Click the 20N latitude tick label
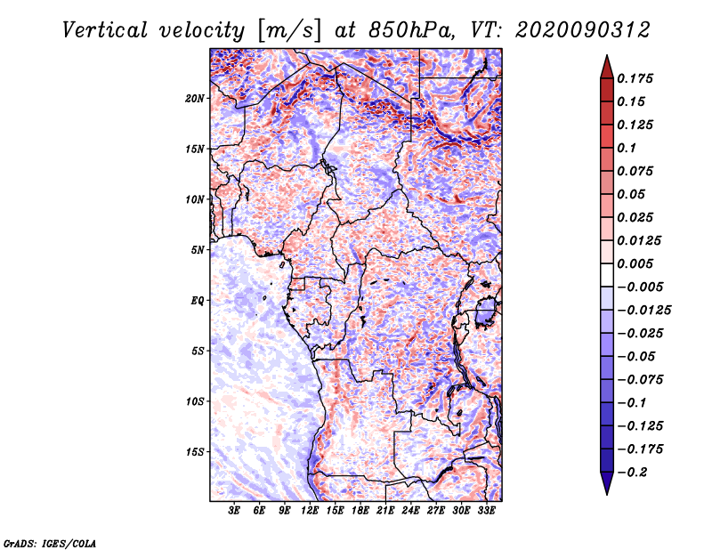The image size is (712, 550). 195,99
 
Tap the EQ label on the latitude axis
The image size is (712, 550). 197,301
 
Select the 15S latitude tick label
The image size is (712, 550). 195,452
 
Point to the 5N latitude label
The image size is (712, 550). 198,250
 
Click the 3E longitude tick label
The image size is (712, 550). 234,511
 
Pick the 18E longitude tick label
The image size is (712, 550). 360,511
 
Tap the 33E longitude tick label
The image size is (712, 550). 486,511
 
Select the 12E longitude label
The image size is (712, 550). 309,511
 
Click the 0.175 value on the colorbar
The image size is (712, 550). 635,78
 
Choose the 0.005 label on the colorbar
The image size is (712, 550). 635,263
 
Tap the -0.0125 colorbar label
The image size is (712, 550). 643,311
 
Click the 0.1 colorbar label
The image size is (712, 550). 627,148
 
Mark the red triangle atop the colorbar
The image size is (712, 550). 607,67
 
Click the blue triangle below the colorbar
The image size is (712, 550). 607,483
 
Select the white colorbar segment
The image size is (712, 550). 607,275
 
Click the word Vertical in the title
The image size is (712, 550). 105,30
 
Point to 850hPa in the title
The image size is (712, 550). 411,30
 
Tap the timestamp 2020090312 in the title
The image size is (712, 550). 583,30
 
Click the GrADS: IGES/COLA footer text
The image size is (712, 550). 50,543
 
